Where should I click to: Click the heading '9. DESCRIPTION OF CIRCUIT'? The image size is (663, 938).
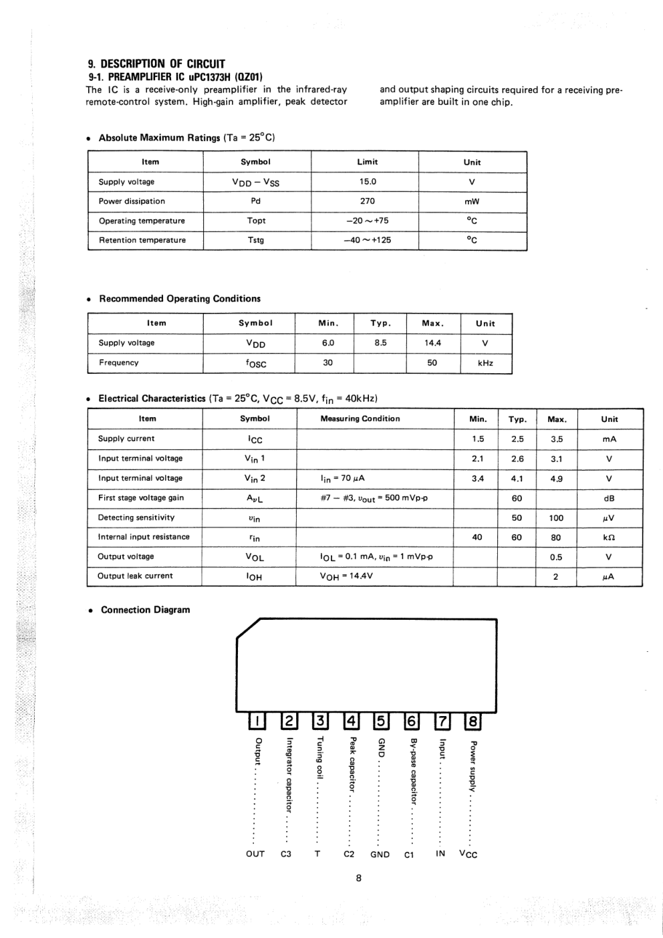156,64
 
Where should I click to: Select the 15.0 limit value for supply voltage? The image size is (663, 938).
368,181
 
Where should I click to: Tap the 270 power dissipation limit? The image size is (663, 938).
368,201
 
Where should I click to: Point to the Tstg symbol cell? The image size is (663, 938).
256,240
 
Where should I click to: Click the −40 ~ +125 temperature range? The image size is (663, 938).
368,240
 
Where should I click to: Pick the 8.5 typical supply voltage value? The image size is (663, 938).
380,343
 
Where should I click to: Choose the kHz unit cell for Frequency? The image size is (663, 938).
485,363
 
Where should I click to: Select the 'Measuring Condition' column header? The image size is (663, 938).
360,419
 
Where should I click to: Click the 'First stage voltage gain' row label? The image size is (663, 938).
141,497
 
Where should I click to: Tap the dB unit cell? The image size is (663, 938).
609,498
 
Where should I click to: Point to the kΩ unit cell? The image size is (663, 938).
609,537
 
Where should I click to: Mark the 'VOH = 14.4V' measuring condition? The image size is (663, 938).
346,576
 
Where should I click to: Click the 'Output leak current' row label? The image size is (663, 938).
135,576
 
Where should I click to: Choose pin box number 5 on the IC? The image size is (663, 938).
379,721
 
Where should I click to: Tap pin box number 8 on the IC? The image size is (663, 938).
473,721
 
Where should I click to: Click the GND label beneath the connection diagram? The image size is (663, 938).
380,854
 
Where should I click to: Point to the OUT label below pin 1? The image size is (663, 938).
255,854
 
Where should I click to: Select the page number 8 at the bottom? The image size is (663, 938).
359,878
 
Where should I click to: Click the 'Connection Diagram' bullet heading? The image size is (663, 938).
145,610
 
